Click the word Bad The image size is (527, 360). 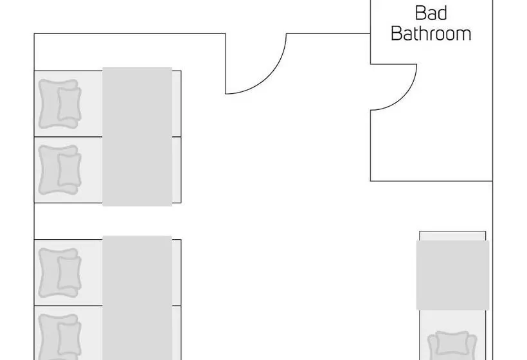coord(431,13)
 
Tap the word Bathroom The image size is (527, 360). coord(431,33)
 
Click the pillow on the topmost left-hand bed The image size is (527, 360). coord(60,104)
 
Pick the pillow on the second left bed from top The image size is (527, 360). coord(60,170)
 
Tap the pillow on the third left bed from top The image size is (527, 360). coord(60,273)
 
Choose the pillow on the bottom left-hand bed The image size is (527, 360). coord(60,337)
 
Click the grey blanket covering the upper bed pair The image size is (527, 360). coord(137,136)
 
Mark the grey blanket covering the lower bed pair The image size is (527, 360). coord(137,298)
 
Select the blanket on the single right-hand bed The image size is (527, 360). coord(452,275)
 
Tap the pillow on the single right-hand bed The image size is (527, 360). coord(452,345)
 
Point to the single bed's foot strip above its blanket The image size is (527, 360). coord(452,237)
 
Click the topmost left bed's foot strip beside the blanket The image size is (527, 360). coord(177,104)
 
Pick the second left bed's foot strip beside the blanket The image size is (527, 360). coord(177,170)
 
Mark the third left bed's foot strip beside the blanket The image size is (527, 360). coord(177,273)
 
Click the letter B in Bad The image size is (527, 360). coord(420,13)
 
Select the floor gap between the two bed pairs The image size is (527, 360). coord(107,221)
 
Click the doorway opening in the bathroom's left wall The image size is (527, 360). coord(370,87)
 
